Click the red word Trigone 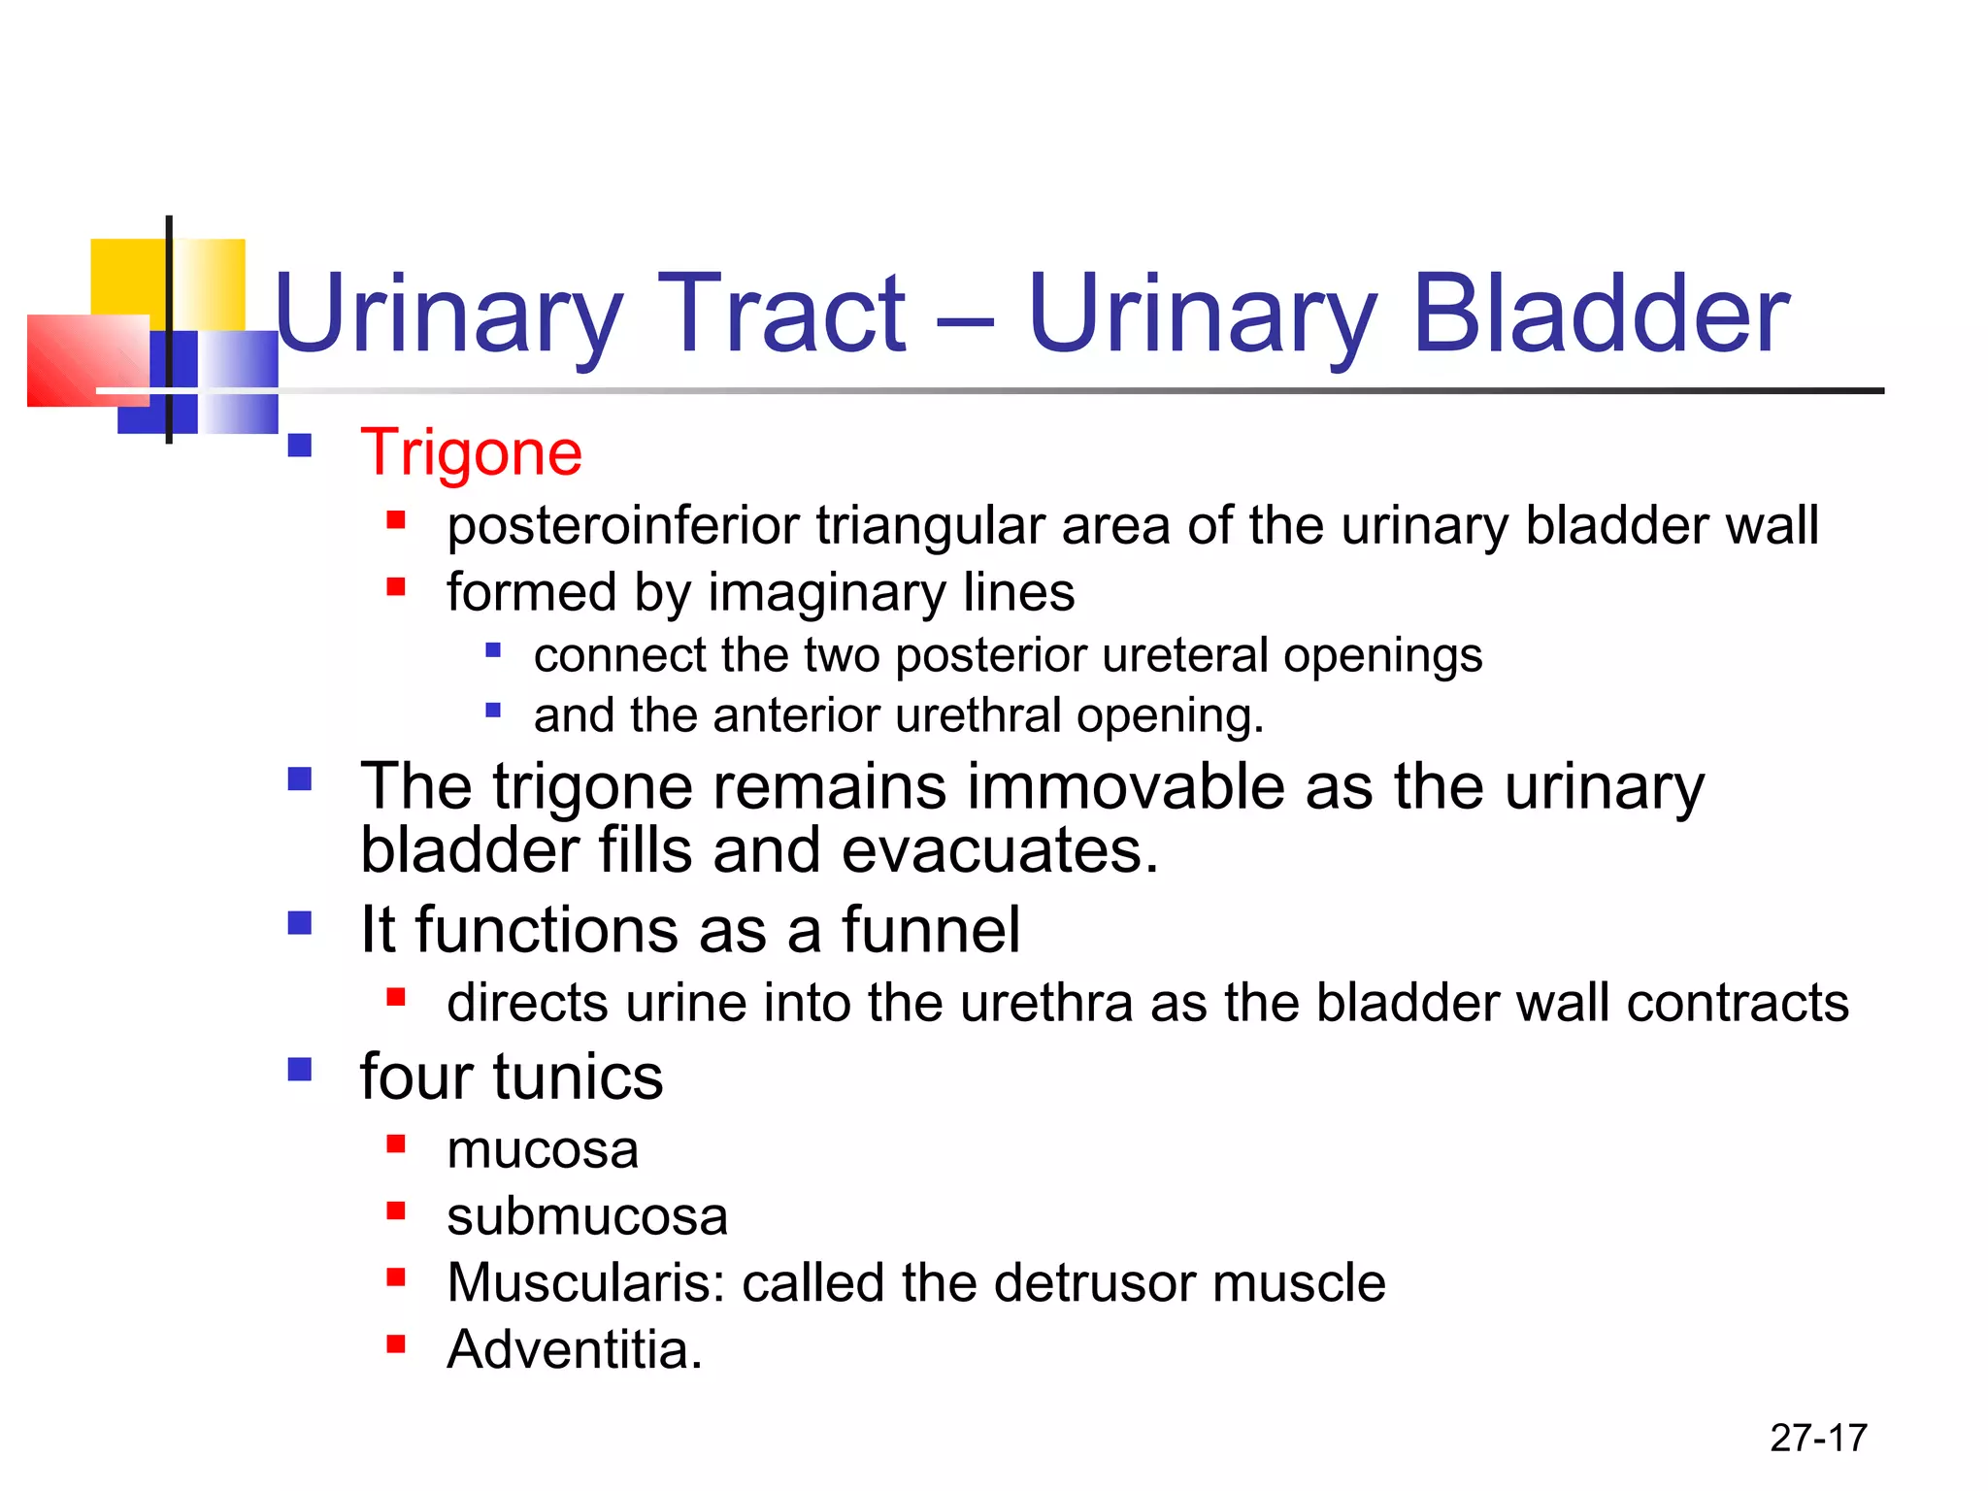(471, 453)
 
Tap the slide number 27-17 (1818, 1438)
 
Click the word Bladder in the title (1601, 314)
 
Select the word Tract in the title (781, 314)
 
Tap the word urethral (977, 716)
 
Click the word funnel (930, 930)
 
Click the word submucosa (586, 1216)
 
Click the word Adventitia (573, 1349)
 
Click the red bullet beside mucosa (395, 1143)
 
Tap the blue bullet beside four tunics (300, 1070)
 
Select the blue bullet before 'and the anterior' (493, 711)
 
